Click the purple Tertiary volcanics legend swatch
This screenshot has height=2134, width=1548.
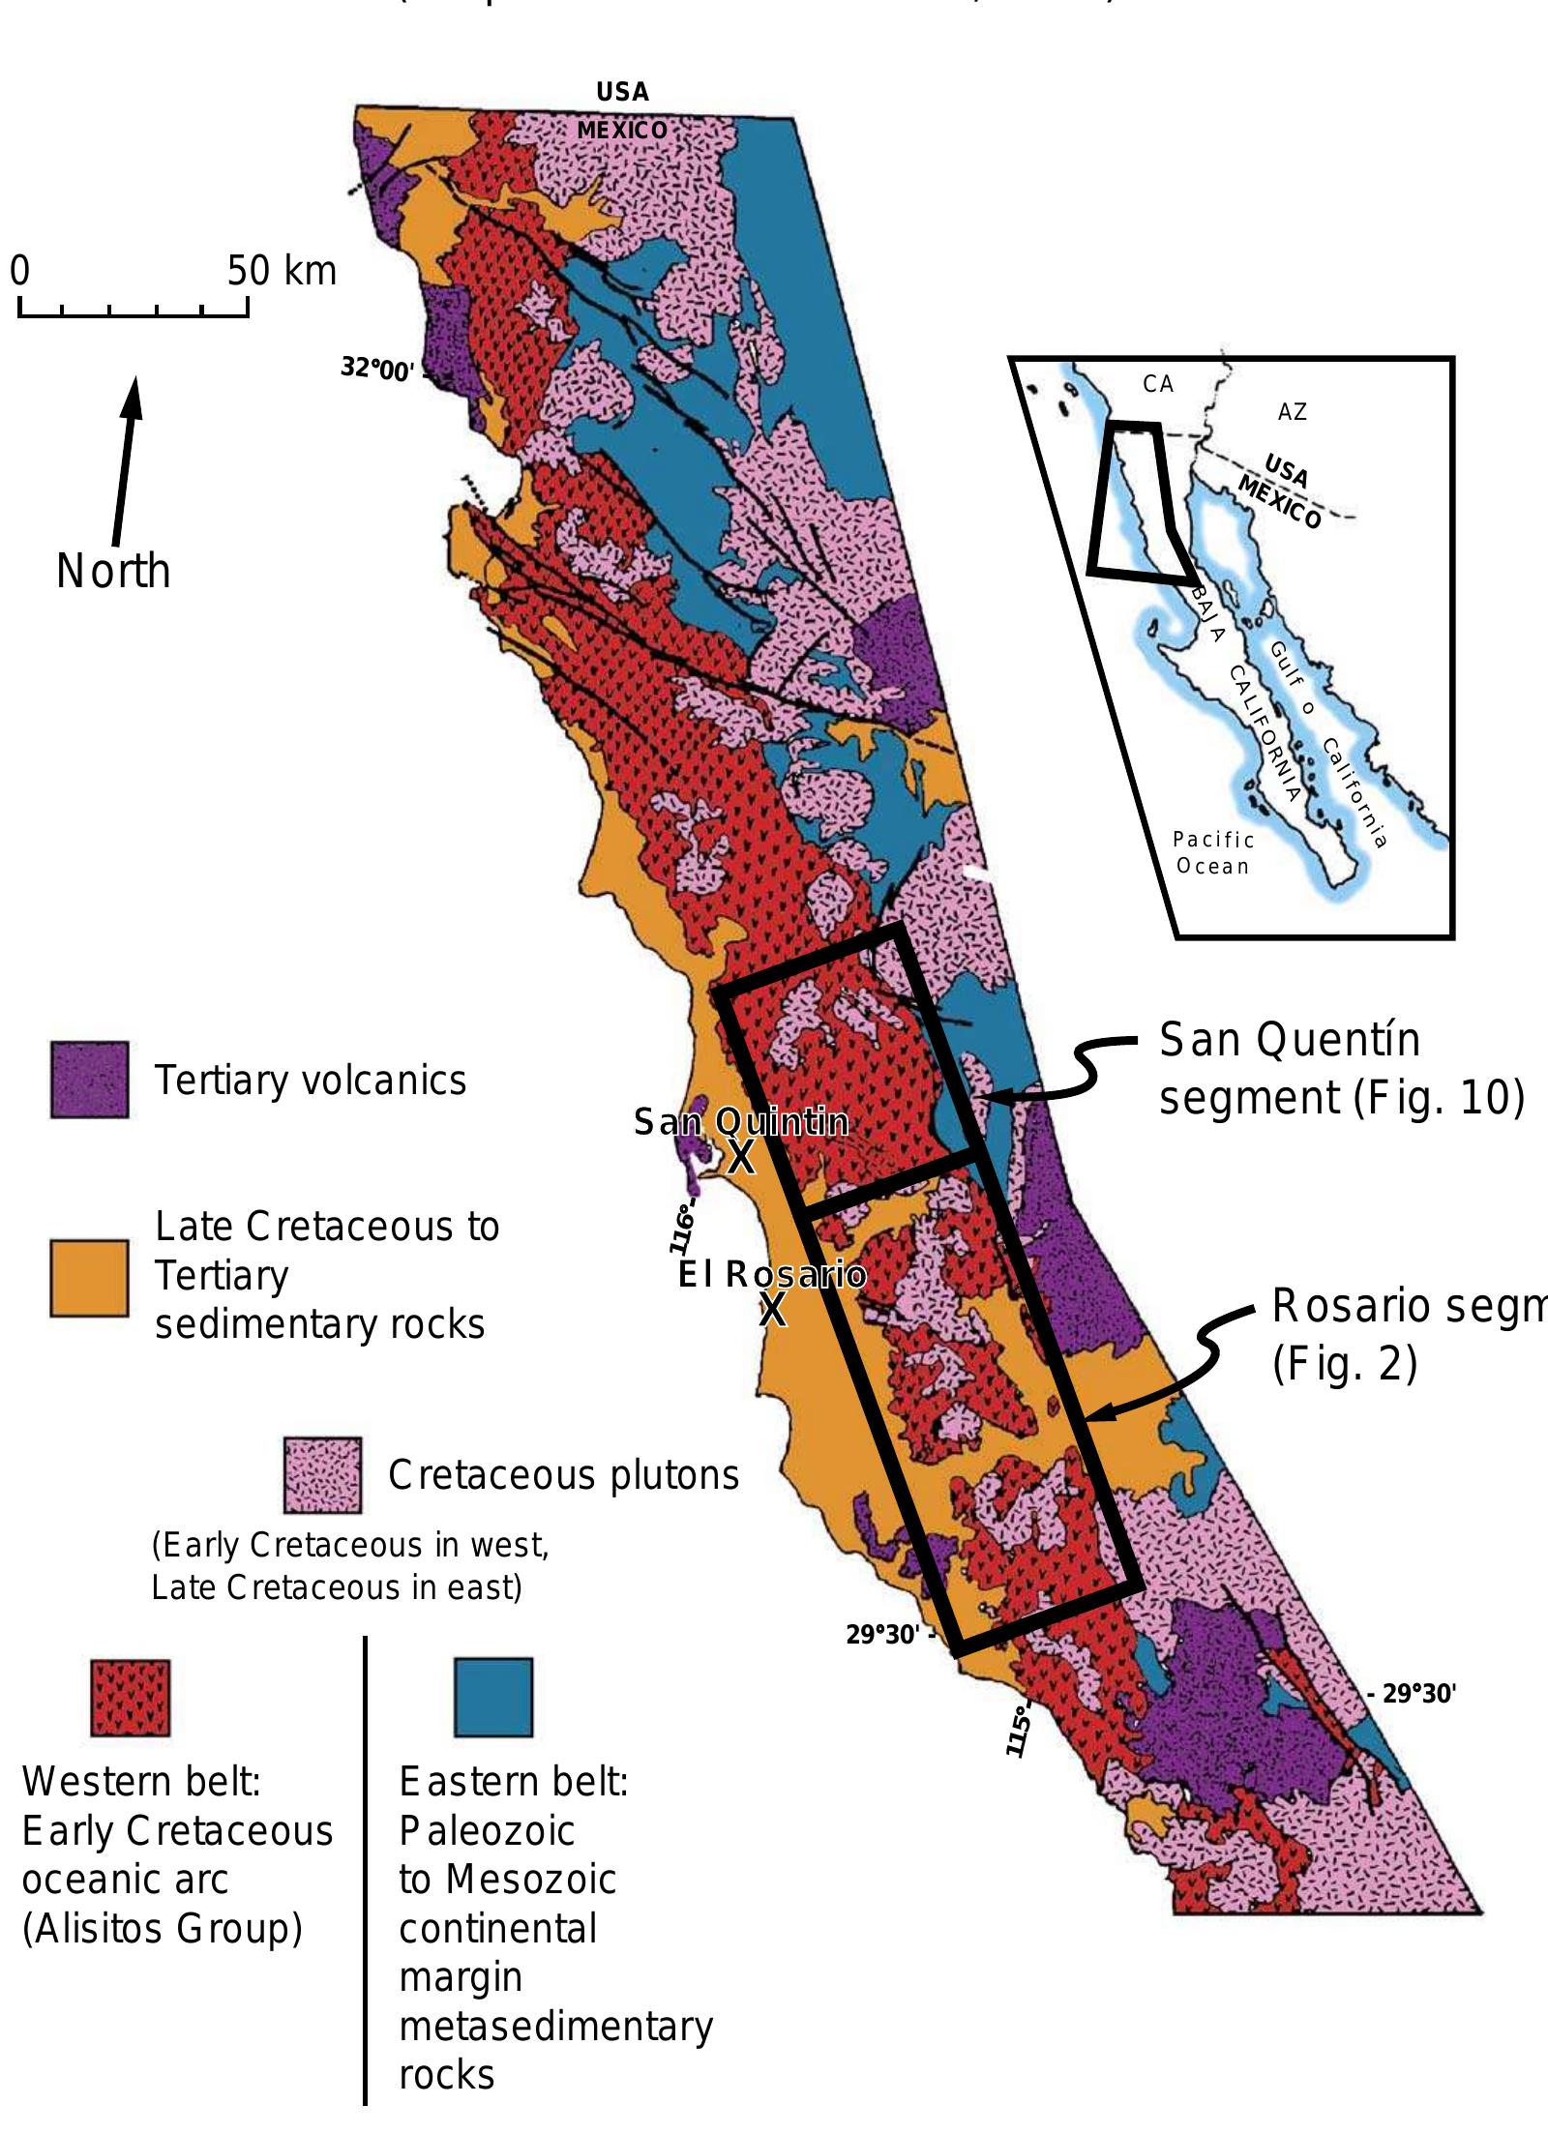pos(89,1080)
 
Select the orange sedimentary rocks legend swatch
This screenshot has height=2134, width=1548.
pos(89,1278)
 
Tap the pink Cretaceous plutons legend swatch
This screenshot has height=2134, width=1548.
pos(322,1475)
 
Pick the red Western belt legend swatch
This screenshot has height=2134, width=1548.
pos(130,1698)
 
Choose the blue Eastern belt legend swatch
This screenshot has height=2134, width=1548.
pos(493,1697)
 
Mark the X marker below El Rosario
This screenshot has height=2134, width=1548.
pos(772,1310)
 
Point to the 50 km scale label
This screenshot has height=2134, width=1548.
pos(282,271)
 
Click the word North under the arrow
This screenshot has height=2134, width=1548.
pos(113,571)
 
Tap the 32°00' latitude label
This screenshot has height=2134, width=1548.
pos(377,369)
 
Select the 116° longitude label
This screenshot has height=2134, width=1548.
pos(683,1229)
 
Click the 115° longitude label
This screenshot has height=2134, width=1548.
pos(1019,1731)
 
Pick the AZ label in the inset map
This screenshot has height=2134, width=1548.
pos(1292,412)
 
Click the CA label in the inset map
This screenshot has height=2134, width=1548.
pos(1157,384)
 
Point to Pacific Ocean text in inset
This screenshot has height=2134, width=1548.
pos(1213,852)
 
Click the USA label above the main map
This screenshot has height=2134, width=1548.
pos(622,92)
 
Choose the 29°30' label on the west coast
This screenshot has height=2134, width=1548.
pos(881,1635)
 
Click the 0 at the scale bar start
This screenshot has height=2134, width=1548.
pos(20,271)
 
